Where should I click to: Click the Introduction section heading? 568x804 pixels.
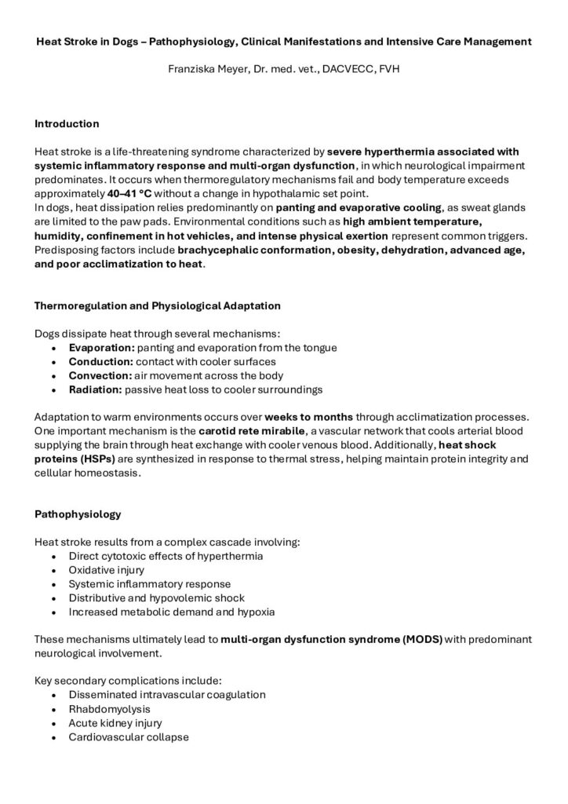(x=67, y=123)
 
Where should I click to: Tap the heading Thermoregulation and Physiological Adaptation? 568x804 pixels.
(x=157, y=305)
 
